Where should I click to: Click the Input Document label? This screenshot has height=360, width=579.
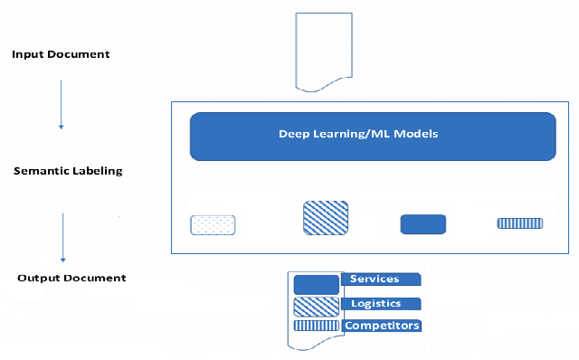coord(61,54)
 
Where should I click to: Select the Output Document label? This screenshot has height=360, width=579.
coord(71,277)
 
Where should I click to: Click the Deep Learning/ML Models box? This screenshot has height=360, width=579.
coord(372,137)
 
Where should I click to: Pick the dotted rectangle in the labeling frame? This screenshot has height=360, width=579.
coord(213,224)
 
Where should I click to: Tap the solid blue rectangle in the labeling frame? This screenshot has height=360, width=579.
coord(423,224)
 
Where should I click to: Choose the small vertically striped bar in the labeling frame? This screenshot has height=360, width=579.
coord(519,223)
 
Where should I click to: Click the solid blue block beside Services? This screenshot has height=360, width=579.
coord(316,284)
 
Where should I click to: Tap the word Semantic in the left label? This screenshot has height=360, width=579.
coord(38,169)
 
